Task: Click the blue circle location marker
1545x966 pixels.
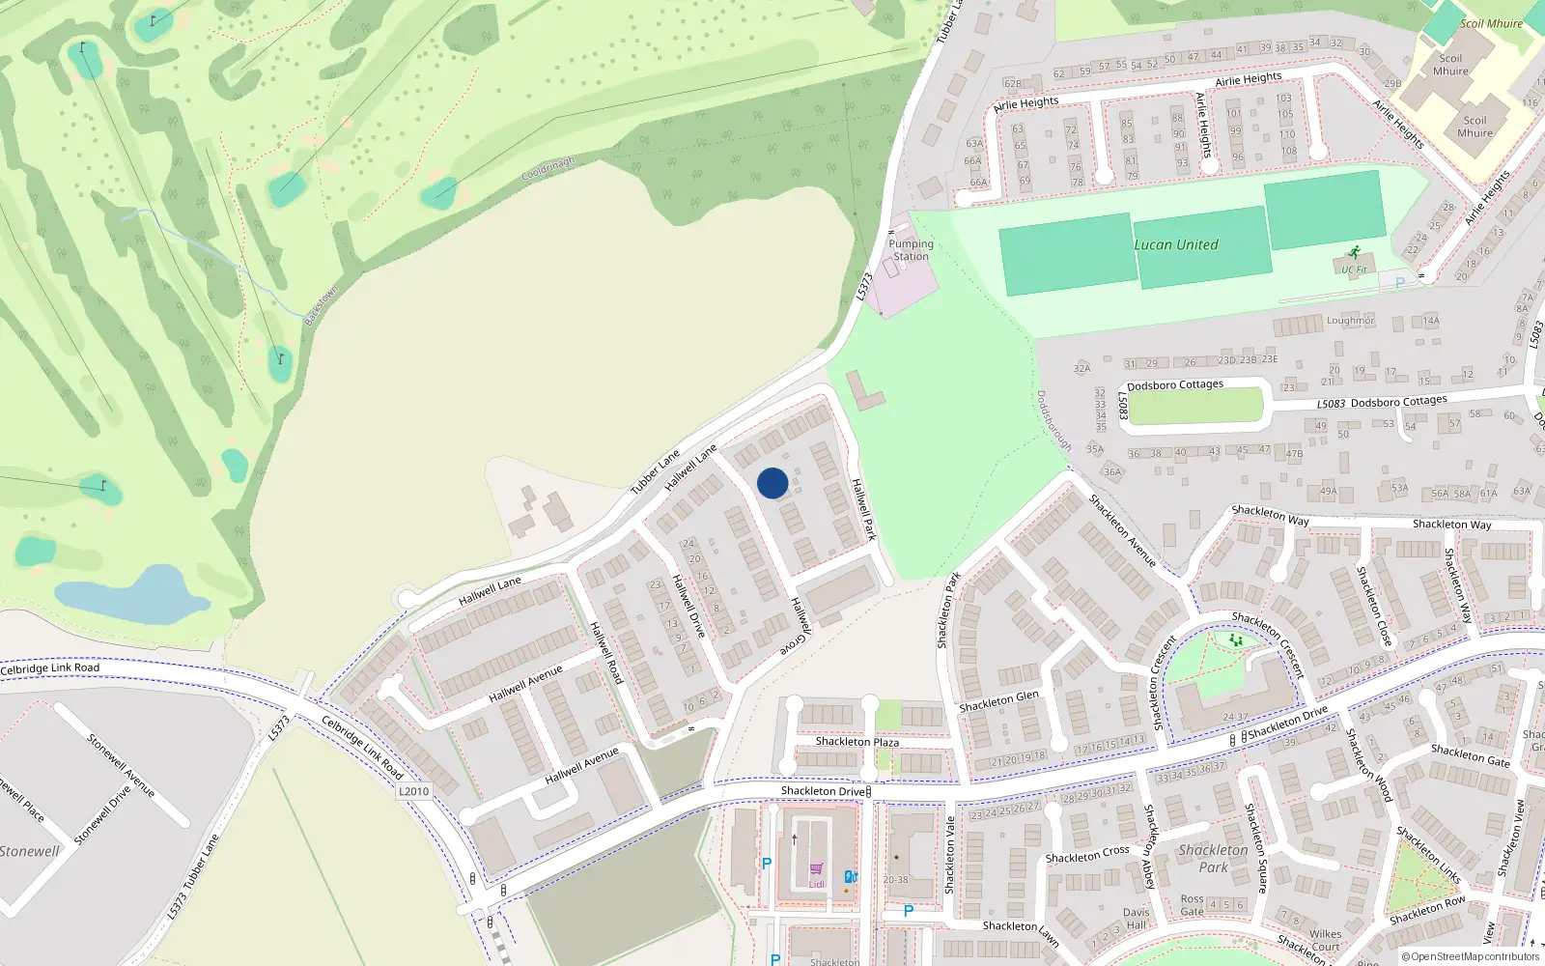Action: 772,483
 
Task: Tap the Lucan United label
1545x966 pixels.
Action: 1176,245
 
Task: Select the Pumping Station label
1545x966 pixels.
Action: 911,250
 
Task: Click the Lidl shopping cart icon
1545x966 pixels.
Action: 817,869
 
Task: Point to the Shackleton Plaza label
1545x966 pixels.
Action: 857,742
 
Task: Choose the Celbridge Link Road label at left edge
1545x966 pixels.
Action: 50,668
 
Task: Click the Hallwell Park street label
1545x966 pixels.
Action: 863,509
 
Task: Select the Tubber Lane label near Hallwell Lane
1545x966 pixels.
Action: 656,472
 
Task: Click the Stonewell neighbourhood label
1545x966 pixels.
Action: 29,852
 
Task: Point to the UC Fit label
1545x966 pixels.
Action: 1354,270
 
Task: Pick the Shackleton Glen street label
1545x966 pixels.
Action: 998,701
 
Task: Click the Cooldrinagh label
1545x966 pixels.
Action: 548,170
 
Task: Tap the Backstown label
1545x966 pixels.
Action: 322,305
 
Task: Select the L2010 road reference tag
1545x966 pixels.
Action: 413,791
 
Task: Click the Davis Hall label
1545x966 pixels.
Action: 1136,919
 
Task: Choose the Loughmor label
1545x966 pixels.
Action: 1350,321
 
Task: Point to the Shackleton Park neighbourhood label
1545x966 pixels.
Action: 1213,859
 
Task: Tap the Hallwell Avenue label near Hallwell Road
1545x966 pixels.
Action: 525,684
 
